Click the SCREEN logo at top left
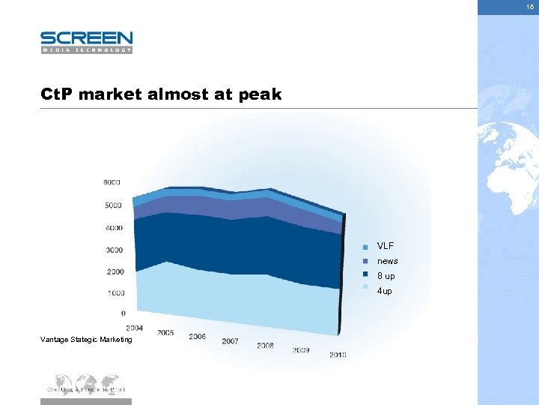click(86, 42)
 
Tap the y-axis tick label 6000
click(112, 182)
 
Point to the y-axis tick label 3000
click(115, 250)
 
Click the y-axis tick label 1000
click(115, 293)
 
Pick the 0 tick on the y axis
click(123, 313)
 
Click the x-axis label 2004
click(135, 328)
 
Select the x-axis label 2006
click(198, 337)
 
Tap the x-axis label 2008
click(265, 346)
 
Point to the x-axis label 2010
click(338, 355)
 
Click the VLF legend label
click(386, 246)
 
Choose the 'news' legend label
click(388, 261)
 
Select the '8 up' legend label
click(386, 276)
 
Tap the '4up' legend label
click(385, 291)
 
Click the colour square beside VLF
click(365, 247)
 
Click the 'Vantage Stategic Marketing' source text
click(86, 340)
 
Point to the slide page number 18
click(529, 5)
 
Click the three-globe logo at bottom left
click(85, 384)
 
